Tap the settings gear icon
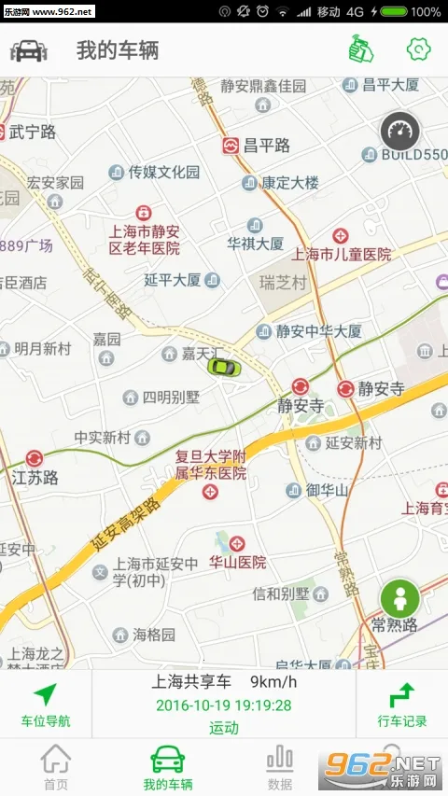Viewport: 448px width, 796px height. point(418,49)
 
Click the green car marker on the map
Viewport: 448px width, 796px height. point(224,366)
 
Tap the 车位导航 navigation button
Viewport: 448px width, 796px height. point(45,705)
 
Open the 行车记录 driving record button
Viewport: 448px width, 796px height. point(402,705)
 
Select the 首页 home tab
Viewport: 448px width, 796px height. point(56,768)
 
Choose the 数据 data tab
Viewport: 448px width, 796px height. point(280,768)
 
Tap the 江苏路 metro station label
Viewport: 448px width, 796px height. point(35,477)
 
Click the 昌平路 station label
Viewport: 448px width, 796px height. point(266,146)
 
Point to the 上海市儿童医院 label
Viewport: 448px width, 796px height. point(342,254)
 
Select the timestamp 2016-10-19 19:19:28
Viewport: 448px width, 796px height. point(224,705)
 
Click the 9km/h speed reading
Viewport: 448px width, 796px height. point(272,682)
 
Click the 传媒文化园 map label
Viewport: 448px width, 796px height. point(163,172)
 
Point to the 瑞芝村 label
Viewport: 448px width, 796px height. point(282,281)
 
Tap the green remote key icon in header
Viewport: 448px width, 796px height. point(357,49)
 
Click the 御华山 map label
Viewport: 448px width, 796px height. point(327,490)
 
